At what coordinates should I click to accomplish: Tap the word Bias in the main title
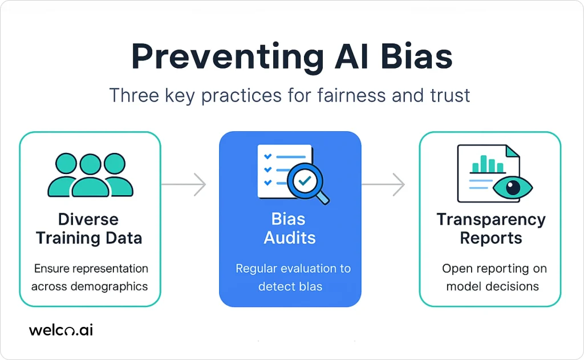tap(416, 56)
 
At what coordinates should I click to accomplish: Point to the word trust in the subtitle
tap(450, 95)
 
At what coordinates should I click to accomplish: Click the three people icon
tap(91, 175)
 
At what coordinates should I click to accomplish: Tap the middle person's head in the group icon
tap(91, 164)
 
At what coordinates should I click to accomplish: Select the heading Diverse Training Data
tap(89, 228)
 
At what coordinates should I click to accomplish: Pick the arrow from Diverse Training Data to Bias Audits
tap(184, 184)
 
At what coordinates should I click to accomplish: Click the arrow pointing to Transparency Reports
tap(383, 184)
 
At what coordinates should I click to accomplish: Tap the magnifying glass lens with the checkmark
tap(305, 181)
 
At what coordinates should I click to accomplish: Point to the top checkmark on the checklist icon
tap(268, 156)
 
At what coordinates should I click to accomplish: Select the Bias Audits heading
tap(289, 228)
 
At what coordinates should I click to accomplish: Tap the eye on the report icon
tap(513, 187)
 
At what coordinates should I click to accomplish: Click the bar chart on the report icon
tap(488, 164)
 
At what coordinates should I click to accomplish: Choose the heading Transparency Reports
tap(491, 228)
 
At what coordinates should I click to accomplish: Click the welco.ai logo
tap(61, 330)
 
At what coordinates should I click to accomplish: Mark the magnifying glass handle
tap(323, 198)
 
